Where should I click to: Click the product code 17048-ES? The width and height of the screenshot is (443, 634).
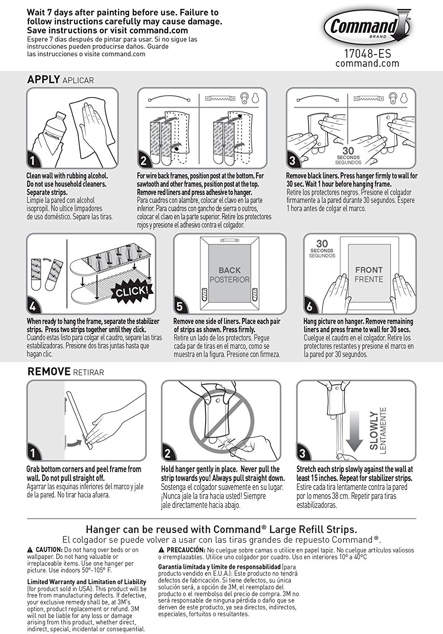[367, 55]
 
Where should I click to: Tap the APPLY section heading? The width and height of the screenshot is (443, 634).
[43, 79]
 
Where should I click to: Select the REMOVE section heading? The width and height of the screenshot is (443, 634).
[49, 372]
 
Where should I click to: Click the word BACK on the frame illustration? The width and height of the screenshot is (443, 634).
[230, 270]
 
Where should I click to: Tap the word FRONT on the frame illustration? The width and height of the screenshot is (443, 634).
[369, 270]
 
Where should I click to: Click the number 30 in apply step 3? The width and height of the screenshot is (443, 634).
[348, 151]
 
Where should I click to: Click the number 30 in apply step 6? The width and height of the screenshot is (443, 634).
[322, 244]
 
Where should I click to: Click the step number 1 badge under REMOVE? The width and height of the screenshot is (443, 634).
[32, 454]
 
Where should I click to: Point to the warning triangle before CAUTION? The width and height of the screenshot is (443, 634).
[30, 550]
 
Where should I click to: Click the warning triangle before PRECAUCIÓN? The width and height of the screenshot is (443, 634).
[161, 550]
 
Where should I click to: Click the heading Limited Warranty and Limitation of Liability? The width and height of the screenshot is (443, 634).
[86, 582]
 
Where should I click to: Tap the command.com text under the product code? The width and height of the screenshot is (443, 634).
[367, 63]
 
